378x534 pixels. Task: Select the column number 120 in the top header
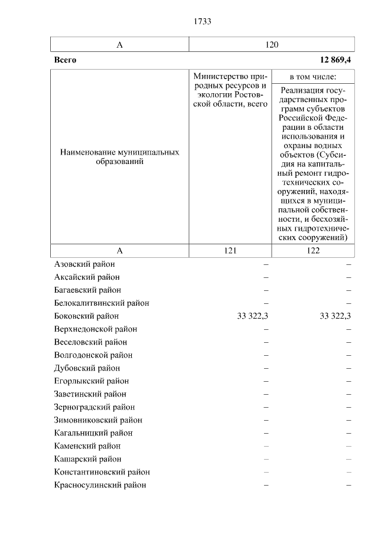coord(272,45)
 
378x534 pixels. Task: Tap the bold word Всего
coord(65,60)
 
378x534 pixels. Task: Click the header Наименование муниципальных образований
coord(120,157)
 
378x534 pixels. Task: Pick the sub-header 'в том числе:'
coord(313,77)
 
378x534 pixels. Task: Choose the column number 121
coord(230,251)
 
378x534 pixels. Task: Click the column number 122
coord(313,251)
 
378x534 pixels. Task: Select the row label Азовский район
coord(84,264)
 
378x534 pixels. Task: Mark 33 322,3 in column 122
coord(335,316)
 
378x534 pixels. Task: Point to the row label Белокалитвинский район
coord(102,303)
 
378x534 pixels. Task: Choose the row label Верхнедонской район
coord(95,329)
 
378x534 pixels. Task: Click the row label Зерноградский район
coord(94,407)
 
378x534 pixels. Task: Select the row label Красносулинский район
coord(100,485)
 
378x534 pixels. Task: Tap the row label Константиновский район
coord(102,472)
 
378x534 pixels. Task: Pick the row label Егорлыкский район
coord(91,381)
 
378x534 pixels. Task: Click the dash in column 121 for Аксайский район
coord(266,277)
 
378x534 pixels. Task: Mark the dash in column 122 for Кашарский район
coord(348,459)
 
